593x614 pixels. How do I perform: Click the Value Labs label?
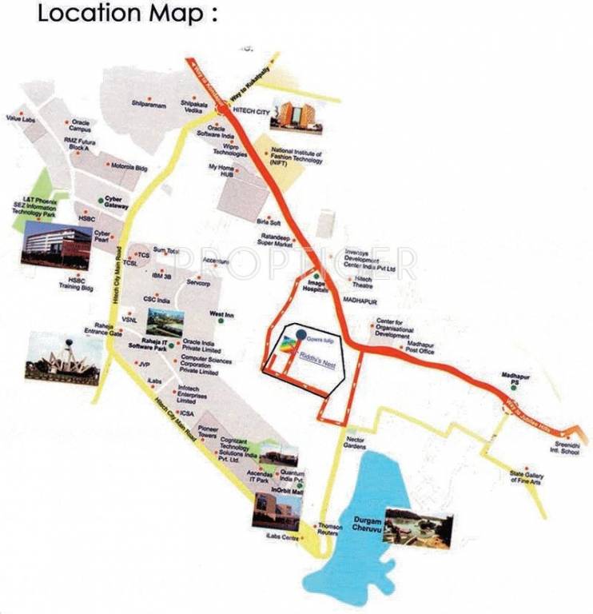[x=21, y=119]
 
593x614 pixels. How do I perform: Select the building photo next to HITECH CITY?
[x=296, y=114]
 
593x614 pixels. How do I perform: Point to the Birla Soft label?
[x=269, y=221]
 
